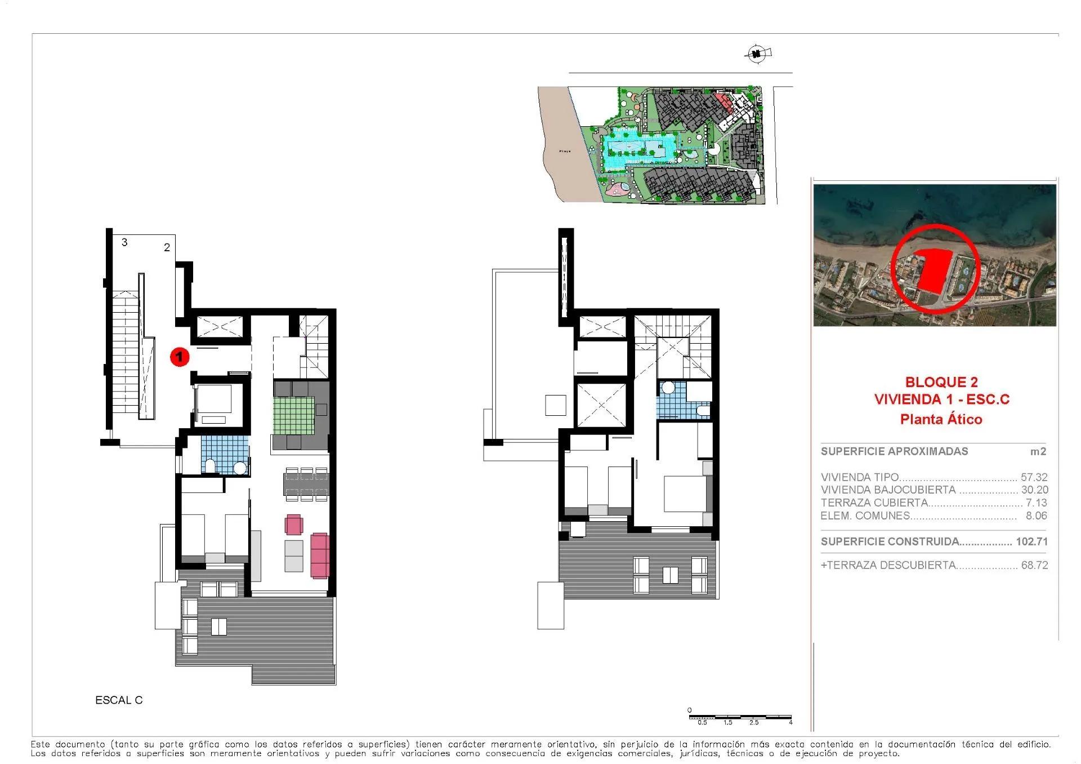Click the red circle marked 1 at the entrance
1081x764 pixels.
(x=180, y=357)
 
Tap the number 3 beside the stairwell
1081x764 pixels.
(x=124, y=242)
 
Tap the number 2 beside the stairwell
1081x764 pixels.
(x=167, y=247)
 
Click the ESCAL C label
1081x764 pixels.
(x=119, y=700)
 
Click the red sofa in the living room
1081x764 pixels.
(x=319, y=556)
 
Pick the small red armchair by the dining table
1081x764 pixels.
(x=294, y=525)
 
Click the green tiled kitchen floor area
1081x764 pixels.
(x=293, y=415)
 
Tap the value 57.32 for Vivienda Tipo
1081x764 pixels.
(x=1034, y=477)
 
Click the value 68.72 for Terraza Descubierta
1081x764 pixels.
(x=1034, y=565)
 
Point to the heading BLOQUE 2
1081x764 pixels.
(x=941, y=383)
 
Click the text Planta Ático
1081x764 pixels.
(x=941, y=419)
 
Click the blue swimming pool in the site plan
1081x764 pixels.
(x=636, y=150)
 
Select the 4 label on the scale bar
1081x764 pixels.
(x=790, y=722)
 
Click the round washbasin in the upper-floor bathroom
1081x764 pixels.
(x=668, y=388)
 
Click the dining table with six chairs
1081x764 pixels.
(x=306, y=483)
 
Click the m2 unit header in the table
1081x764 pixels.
(x=1038, y=451)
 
